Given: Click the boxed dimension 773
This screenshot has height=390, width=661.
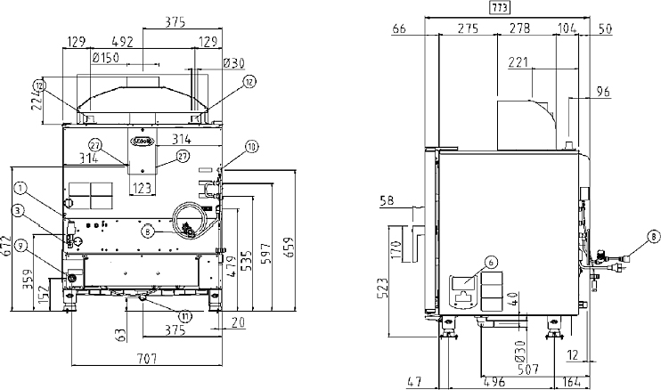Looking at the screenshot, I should (500, 8).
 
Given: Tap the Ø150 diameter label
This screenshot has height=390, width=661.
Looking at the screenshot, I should (107, 59).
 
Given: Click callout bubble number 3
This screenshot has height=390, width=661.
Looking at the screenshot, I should (17, 209).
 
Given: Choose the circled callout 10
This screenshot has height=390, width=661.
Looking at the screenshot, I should (250, 145).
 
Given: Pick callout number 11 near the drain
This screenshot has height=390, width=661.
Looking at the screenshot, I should (184, 315).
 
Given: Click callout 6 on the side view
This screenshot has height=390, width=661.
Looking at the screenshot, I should (490, 261).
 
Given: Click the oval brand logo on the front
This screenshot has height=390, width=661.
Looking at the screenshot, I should (143, 140).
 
